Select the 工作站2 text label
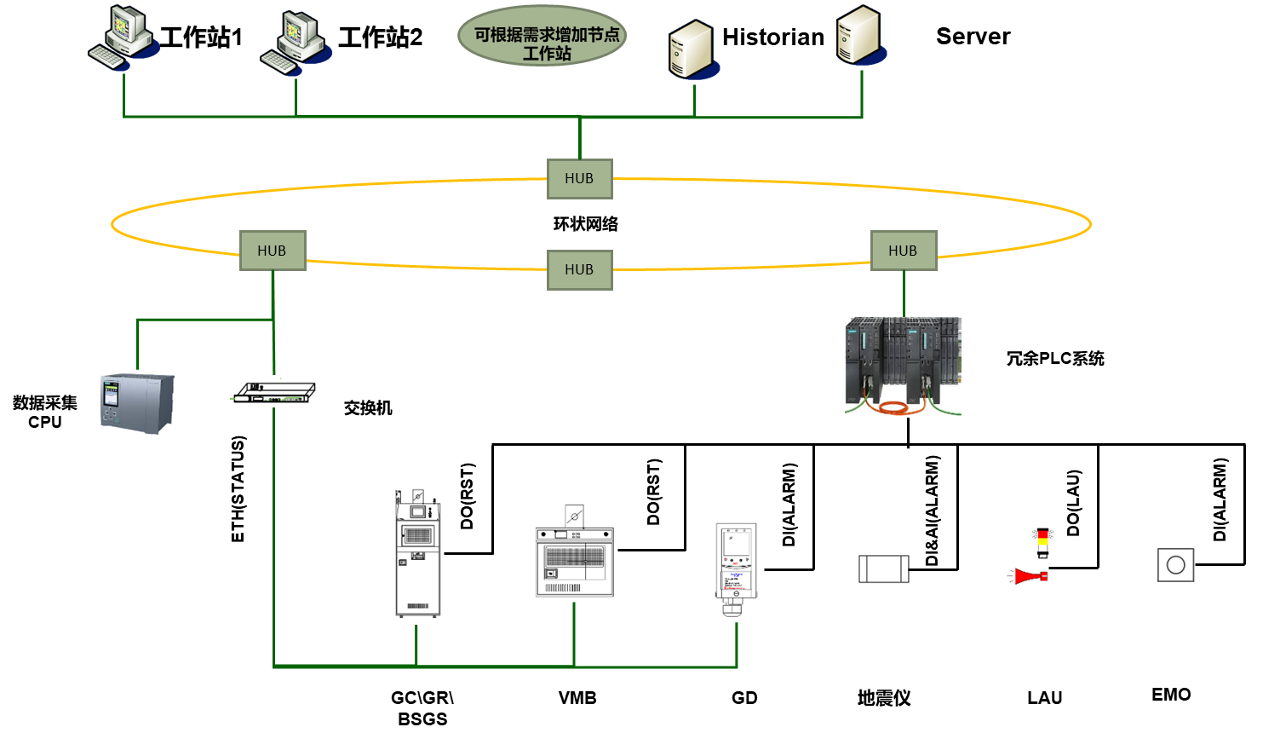(x=380, y=38)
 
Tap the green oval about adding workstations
(x=543, y=36)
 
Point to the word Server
(x=973, y=37)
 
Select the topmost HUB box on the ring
(x=579, y=178)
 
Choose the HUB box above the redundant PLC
(x=903, y=251)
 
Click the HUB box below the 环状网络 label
(x=579, y=269)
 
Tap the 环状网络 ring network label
(x=585, y=224)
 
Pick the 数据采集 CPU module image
(x=137, y=403)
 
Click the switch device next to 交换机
(x=274, y=393)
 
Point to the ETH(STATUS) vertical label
(x=238, y=488)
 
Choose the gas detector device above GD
(x=736, y=567)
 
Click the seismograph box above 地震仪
(x=883, y=569)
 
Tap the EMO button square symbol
(x=1175, y=564)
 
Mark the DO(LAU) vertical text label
(x=1074, y=503)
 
